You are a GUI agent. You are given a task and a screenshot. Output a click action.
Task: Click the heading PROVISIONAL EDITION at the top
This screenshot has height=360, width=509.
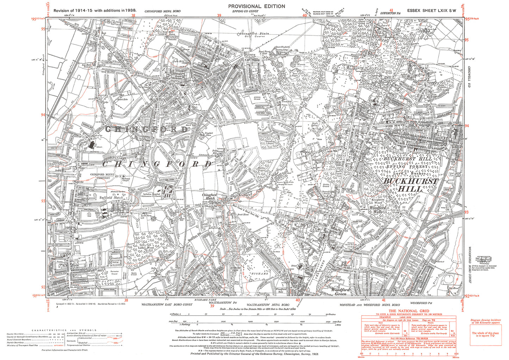256,6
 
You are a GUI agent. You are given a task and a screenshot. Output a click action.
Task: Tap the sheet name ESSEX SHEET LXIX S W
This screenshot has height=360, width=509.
432,11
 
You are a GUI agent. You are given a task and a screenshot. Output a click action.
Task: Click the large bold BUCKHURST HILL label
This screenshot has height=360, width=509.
411,185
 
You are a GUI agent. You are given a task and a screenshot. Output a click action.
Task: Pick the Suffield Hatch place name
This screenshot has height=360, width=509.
111,198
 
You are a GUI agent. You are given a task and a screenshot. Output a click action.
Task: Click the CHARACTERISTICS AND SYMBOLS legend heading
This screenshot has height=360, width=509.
64,330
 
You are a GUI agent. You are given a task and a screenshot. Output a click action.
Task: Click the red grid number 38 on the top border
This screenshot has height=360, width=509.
133,15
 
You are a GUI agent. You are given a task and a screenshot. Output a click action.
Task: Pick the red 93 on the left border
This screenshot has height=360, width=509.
43,201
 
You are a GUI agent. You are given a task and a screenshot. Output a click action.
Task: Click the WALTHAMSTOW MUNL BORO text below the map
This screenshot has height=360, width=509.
268,304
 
